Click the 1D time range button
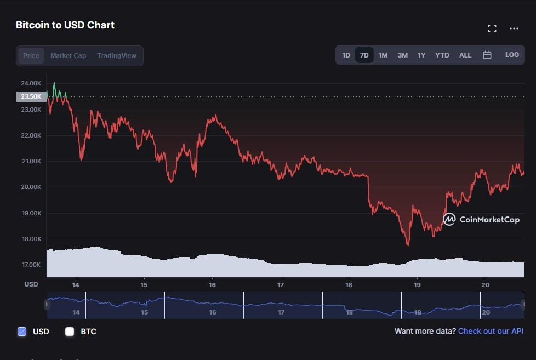click(x=346, y=55)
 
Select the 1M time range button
click(x=383, y=55)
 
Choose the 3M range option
click(x=402, y=55)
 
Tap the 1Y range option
click(x=421, y=55)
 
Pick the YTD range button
click(x=442, y=55)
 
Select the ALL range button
click(x=465, y=55)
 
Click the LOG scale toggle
click(x=512, y=55)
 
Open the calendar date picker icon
click(x=487, y=55)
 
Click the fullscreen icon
click(x=492, y=28)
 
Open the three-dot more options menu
click(x=514, y=28)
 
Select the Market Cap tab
click(x=68, y=55)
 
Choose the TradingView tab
click(x=117, y=55)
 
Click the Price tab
click(x=31, y=55)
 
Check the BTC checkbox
click(x=70, y=331)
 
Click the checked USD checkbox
click(x=22, y=331)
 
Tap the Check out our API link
click(x=491, y=331)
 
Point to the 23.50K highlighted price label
click(x=31, y=96)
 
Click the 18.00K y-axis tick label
click(x=31, y=239)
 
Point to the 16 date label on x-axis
click(x=212, y=285)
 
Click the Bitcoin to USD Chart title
click(x=65, y=25)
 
